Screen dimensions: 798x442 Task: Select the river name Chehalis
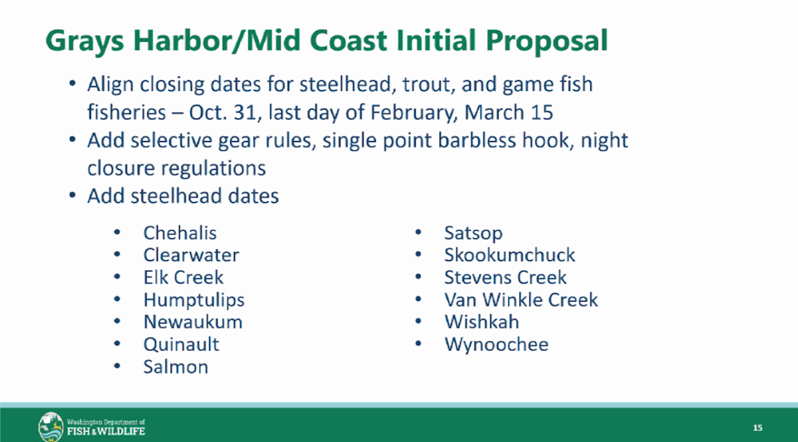coord(180,233)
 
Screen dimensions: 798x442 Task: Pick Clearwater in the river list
coord(191,255)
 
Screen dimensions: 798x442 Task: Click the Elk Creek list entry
coord(183,277)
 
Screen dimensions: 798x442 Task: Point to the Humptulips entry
coord(194,300)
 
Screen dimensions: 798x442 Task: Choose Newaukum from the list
coord(193,322)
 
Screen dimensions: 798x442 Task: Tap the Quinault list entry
coord(181,344)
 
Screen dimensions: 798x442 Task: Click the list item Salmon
coord(176,367)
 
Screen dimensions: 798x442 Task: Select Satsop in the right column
coord(473,234)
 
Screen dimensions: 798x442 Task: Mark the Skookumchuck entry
coord(509,255)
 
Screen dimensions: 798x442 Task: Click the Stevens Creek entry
coord(505,277)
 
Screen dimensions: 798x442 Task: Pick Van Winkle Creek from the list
coord(521,300)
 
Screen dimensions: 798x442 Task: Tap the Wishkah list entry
coord(481,322)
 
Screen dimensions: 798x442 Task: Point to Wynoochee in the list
coord(496,345)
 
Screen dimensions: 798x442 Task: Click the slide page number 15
coord(757,428)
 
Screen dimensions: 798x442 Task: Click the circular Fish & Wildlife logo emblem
coord(51,427)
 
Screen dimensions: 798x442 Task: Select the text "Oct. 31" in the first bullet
coord(222,112)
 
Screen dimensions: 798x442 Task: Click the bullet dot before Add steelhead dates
coord(72,195)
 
